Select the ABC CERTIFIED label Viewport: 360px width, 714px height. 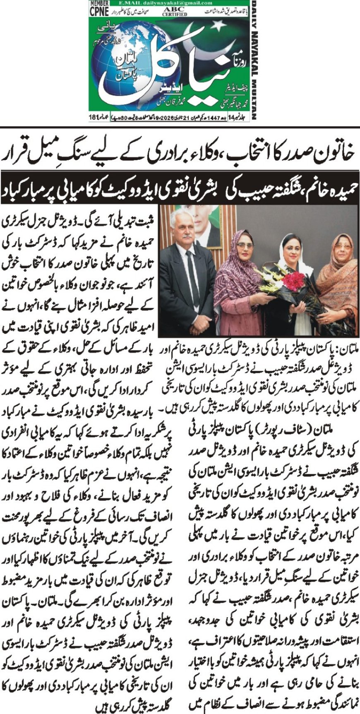(x=174, y=11)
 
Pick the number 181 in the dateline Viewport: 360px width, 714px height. (x=93, y=118)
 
